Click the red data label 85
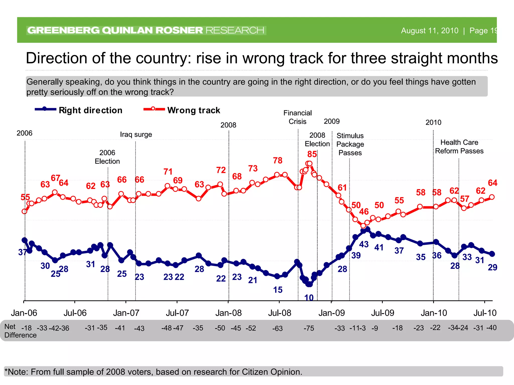pos(312,154)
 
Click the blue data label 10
pos(309,298)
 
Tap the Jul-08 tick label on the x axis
pos(280,313)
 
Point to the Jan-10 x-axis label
pos(434,313)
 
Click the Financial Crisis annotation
pos(297,117)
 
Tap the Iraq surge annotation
pos(136,134)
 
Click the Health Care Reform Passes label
pos(459,147)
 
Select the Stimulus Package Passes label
pos(350,144)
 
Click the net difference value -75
pos(308,328)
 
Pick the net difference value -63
pos(277,328)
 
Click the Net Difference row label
pos(20,331)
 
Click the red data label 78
pos(278,160)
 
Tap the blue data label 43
pos(364,244)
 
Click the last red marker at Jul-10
pos(492,197)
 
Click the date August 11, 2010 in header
pos(429,31)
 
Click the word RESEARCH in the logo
pos(235,30)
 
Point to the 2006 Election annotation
pos(107,157)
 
